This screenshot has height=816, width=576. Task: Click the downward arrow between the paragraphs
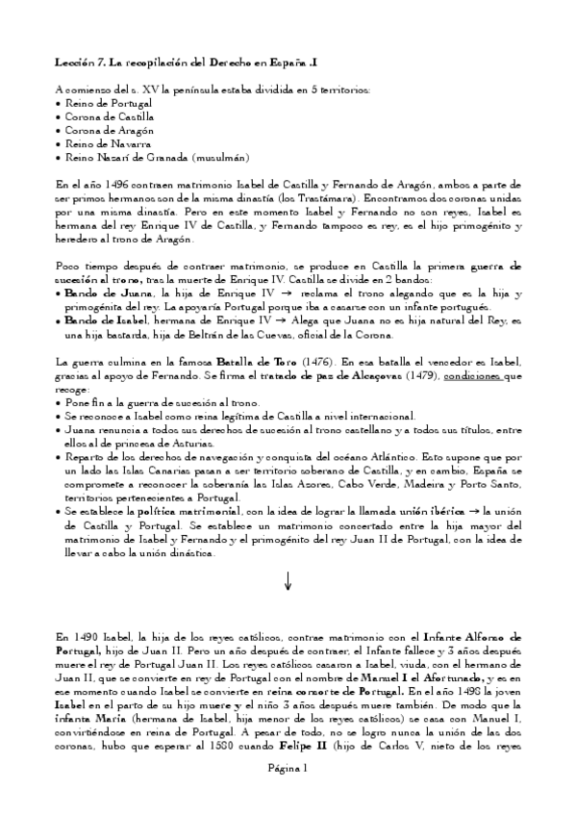(288, 580)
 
